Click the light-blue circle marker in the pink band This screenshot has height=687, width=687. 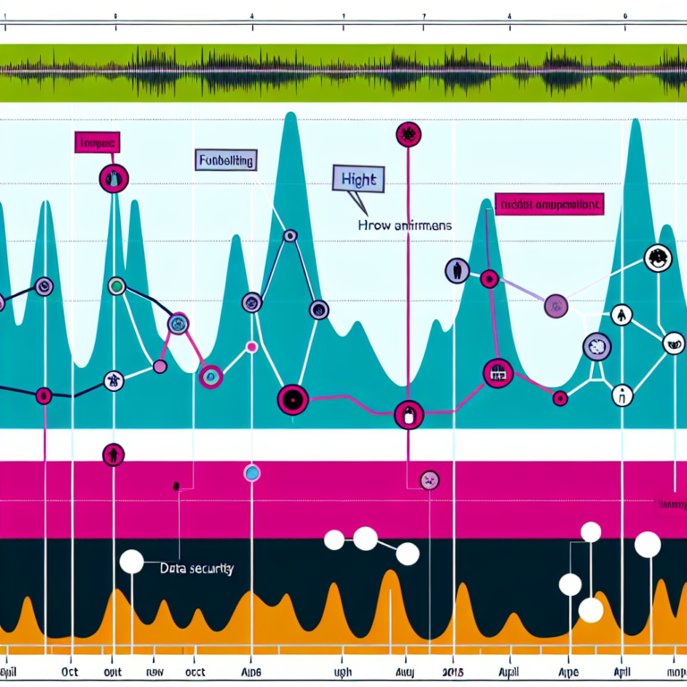coord(251,473)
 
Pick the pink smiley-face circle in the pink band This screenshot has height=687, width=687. coord(429,480)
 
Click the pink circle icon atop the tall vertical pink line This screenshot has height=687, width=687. coord(408,135)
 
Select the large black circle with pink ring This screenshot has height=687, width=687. coord(293,399)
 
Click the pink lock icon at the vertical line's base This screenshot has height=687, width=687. coord(407,415)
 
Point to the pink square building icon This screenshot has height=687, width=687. coord(496,373)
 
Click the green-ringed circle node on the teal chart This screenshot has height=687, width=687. coord(115,286)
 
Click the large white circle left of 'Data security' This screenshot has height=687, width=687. coord(131,561)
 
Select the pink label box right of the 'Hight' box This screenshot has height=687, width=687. coord(547,205)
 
